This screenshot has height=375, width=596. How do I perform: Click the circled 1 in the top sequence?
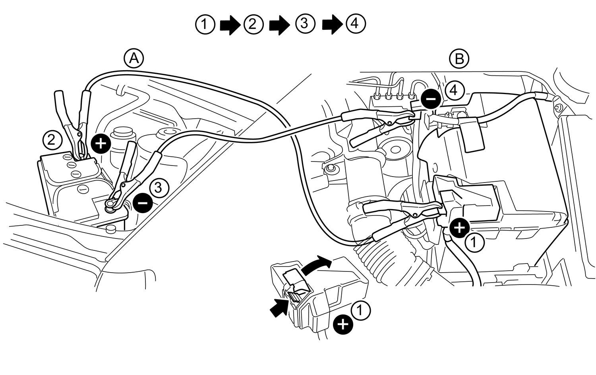point(205,25)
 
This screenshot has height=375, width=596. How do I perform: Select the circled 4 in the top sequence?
point(355,24)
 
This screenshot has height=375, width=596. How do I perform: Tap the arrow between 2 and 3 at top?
point(280,25)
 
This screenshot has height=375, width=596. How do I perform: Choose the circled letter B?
point(459,59)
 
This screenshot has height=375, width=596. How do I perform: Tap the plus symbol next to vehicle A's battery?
point(101,143)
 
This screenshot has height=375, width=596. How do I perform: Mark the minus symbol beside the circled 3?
point(143,203)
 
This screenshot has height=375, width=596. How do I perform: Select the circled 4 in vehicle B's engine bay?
point(454,90)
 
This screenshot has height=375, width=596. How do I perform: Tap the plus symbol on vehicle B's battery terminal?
point(460,228)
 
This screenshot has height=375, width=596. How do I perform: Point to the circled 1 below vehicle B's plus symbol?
point(475,242)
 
